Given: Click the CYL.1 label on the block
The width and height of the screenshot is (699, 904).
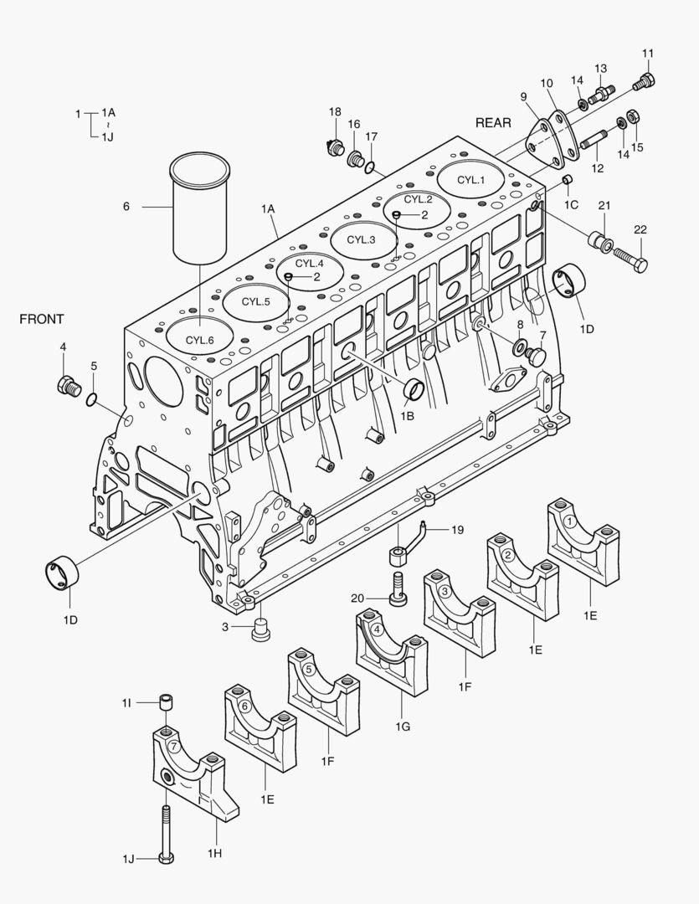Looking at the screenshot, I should point(470,180).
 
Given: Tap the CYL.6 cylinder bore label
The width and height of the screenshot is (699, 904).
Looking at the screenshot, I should point(200,340).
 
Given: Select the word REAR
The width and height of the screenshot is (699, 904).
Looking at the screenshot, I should point(493,122).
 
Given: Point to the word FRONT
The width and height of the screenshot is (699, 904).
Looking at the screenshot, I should point(41,319).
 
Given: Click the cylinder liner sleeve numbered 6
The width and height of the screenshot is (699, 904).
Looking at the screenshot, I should point(199,205).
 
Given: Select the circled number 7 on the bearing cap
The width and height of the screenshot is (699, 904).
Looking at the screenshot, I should point(173,746).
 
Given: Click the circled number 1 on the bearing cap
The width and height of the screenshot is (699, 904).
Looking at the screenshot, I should point(569,521).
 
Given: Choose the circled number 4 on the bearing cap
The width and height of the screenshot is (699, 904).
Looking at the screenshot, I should point(378,629).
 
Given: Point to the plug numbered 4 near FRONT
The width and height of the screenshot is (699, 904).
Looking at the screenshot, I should point(66,386).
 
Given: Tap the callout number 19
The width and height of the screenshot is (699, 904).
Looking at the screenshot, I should point(457,530).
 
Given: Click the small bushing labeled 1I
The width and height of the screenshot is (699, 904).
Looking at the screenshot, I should point(167,701).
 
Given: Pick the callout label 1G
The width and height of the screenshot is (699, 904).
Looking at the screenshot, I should point(403,727).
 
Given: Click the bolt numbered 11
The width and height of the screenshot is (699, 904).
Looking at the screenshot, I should point(644,82).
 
